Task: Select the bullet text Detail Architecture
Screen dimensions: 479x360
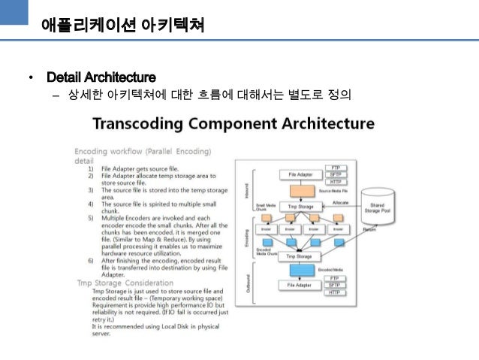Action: coord(101,77)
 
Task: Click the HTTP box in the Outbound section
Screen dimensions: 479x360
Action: coord(335,293)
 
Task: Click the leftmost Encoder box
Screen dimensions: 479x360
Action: coord(267,228)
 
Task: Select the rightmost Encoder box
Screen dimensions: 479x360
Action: coord(337,228)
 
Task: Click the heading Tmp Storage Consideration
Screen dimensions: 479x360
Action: coord(125,283)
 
